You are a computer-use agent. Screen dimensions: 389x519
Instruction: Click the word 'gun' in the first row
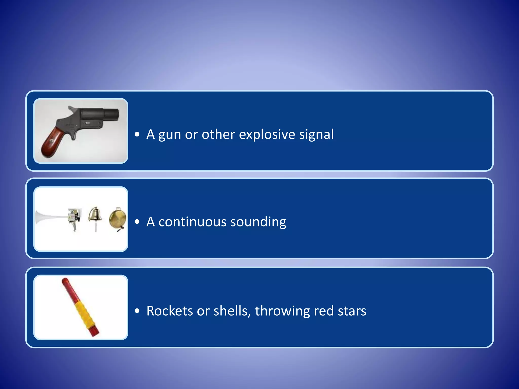click(170, 135)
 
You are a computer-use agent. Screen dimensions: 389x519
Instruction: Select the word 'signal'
click(317, 135)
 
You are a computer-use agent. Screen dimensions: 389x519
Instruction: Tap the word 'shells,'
click(232, 311)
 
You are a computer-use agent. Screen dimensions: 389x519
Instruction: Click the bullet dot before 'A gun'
click(137, 134)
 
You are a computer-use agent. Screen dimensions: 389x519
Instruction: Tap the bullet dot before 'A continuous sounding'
click(137, 222)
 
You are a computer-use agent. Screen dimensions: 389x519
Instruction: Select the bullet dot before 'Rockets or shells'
click(137, 311)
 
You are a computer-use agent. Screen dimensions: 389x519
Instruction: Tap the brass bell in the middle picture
click(95, 215)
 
